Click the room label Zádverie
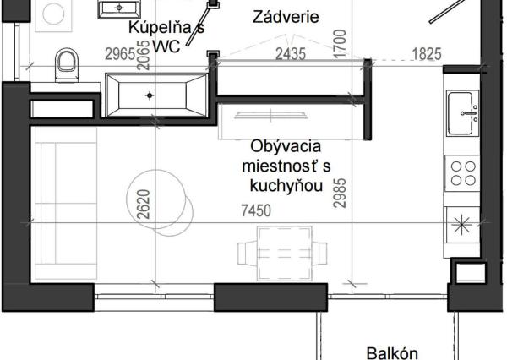pyautogui.click(x=286, y=16)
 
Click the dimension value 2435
pyautogui.click(x=290, y=54)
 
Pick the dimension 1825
pyautogui.click(x=425, y=54)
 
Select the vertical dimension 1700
pyautogui.click(x=339, y=42)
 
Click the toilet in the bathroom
pyautogui.click(x=65, y=61)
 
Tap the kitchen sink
pyautogui.click(x=463, y=110)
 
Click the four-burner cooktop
pyautogui.click(x=463, y=172)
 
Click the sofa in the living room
pyautogui.click(x=52, y=203)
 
